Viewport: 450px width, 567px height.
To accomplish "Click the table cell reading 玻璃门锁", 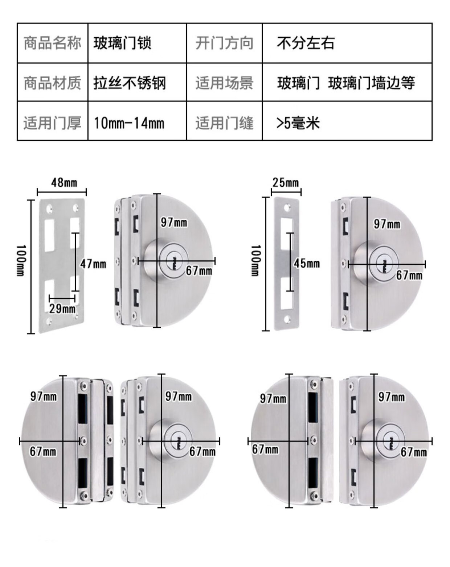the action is pyautogui.click(x=137, y=43).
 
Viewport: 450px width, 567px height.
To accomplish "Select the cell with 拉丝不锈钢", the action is pyautogui.click(x=137, y=82).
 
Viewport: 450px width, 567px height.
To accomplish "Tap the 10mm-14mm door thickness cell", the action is pyautogui.click(x=137, y=121).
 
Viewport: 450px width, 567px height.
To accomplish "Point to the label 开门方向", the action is pyautogui.click(x=225, y=43).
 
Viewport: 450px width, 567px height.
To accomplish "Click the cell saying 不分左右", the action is pyautogui.click(x=347, y=43).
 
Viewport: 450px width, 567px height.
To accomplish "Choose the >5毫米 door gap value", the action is pyautogui.click(x=347, y=121).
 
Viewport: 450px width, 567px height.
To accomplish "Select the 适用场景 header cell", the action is pyautogui.click(x=225, y=82).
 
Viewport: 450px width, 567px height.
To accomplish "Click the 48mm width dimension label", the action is pyautogui.click(x=64, y=182).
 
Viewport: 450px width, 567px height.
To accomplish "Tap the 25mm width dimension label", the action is pyautogui.click(x=286, y=182).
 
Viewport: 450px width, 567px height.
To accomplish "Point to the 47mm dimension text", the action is pyautogui.click(x=93, y=264).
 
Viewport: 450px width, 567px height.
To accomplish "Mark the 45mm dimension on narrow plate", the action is pyautogui.click(x=307, y=263).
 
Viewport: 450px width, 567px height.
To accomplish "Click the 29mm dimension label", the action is pyautogui.click(x=62, y=308).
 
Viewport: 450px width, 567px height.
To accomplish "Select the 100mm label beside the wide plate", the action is pyautogui.click(x=21, y=261).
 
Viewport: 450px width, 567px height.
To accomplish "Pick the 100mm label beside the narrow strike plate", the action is pyautogui.click(x=255, y=261).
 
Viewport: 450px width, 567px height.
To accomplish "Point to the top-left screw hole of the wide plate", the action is pyautogui.click(x=49, y=209).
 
